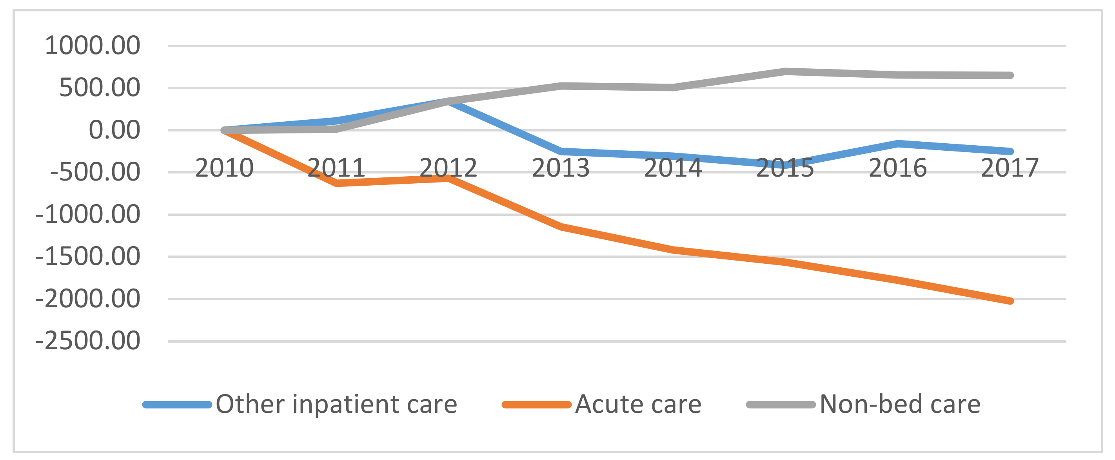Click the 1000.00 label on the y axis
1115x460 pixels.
[x=92, y=46]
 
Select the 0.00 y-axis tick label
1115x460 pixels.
[x=114, y=130]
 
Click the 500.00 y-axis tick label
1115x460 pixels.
[x=100, y=88]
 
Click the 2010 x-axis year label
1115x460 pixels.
[x=224, y=168]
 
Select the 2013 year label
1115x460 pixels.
[x=561, y=168]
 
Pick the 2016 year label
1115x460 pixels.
[x=897, y=168]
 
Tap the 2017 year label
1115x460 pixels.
[x=1010, y=168]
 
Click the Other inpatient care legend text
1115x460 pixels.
[x=336, y=404]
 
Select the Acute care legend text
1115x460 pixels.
[x=638, y=404]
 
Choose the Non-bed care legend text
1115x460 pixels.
[x=900, y=404]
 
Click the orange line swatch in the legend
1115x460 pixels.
[x=537, y=405]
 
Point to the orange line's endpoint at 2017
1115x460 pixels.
[x=1010, y=301]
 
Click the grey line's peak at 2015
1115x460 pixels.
[x=785, y=71]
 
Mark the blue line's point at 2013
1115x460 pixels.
[x=561, y=151]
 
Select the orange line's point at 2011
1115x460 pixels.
[x=337, y=184]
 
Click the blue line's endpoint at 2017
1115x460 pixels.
[x=1010, y=151]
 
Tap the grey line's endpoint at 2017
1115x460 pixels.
[x=1010, y=75]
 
